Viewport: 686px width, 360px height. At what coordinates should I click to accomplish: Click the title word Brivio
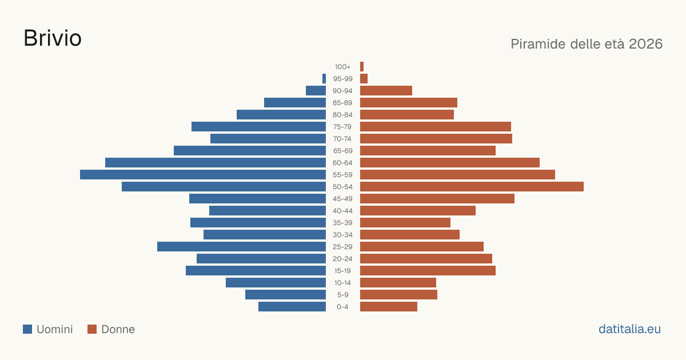click(53, 38)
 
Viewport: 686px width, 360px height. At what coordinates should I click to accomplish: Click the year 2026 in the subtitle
click(645, 44)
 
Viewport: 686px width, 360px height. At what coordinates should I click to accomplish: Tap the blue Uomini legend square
click(27, 329)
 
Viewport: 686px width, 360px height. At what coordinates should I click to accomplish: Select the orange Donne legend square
click(92, 329)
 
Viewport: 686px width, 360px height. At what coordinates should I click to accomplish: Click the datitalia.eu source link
click(629, 329)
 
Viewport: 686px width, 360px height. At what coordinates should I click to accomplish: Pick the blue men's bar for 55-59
click(203, 174)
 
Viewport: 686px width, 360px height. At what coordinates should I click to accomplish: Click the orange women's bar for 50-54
click(472, 186)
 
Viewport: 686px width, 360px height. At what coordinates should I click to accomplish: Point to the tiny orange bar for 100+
click(362, 66)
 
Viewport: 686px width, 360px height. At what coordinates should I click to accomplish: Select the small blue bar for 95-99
click(324, 78)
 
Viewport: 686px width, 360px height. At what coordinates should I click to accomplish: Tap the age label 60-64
click(342, 163)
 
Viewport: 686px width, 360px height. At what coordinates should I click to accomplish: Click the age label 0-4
click(342, 307)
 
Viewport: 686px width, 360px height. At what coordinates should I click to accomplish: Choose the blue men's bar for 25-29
click(241, 246)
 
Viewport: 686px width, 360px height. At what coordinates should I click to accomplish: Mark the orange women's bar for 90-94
click(386, 90)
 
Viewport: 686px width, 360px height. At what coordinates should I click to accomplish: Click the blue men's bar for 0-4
click(292, 306)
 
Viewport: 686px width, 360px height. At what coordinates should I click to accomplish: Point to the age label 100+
click(342, 67)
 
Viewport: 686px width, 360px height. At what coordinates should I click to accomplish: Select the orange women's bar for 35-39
click(405, 222)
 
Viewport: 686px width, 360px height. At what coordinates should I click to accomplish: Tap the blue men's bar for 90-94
click(316, 90)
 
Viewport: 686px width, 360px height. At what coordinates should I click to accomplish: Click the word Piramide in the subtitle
click(538, 44)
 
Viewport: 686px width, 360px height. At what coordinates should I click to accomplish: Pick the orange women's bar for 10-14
click(398, 282)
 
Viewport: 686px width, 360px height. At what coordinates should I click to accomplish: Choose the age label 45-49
click(342, 199)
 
